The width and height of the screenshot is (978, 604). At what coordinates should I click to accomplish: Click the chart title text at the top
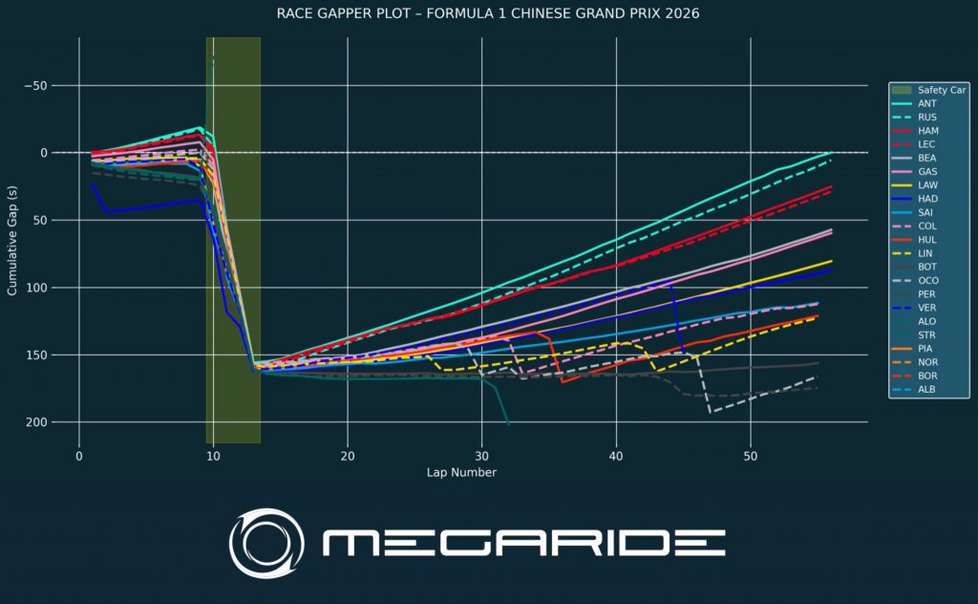(488, 13)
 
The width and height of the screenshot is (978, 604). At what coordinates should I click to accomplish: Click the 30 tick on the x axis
(482, 456)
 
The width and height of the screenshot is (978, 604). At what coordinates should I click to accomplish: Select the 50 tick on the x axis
(751, 456)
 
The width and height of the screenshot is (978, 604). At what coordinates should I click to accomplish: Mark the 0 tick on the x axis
(79, 456)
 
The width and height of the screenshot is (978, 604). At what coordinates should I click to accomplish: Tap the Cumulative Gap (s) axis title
(12, 239)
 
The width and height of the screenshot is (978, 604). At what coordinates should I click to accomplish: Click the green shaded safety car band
(233, 287)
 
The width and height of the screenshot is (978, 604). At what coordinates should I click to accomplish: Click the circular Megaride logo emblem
(266, 544)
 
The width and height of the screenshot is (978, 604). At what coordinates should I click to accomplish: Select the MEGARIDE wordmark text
(523, 544)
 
